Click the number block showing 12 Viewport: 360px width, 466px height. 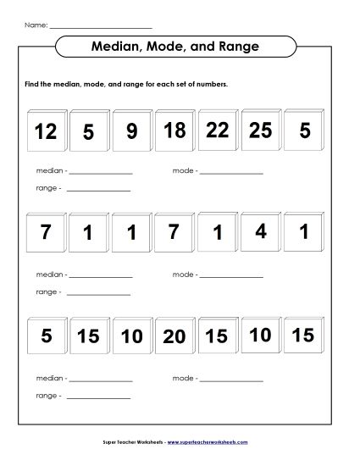[47, 132]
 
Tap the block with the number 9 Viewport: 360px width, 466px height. [131, 132]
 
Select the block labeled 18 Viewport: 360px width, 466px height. [174, 130]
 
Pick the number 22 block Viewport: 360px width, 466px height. [218, 130]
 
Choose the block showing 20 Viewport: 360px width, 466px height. [174, 336]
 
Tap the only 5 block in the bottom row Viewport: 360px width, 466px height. [47, 336]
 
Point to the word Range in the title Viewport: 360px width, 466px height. [246, 46]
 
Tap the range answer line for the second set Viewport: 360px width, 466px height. [97, 293]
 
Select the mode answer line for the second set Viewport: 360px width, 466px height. [231, 276]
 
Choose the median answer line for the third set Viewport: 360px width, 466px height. [100, 380]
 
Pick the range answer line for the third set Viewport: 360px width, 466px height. [97, 397]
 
